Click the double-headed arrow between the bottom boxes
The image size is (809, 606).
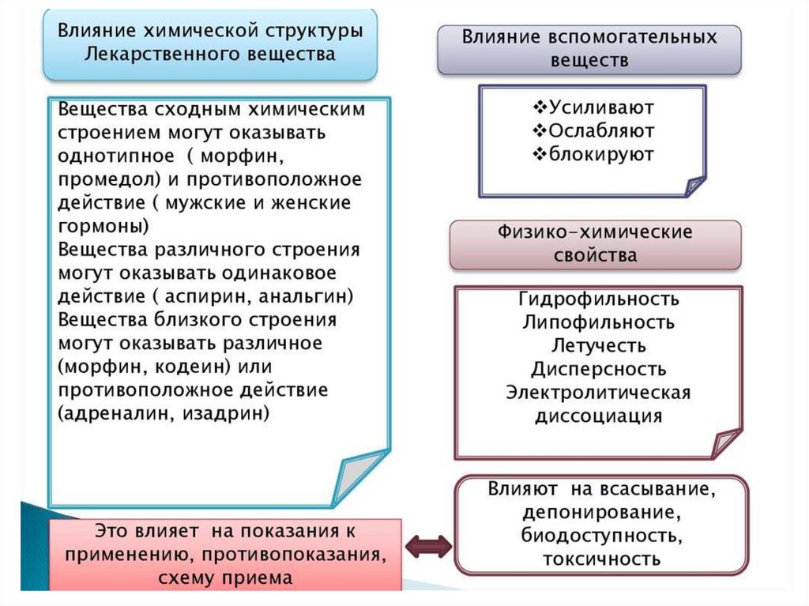point(427,544)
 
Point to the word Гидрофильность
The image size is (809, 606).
point(599,299)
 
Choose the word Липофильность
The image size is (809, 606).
point(599,322)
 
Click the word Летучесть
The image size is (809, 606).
point(599,346)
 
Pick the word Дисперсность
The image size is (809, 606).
point(599,369)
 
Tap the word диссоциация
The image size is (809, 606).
point(599,416)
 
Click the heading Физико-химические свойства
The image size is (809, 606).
point(595,243)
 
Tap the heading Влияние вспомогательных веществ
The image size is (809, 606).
point(589,48)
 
